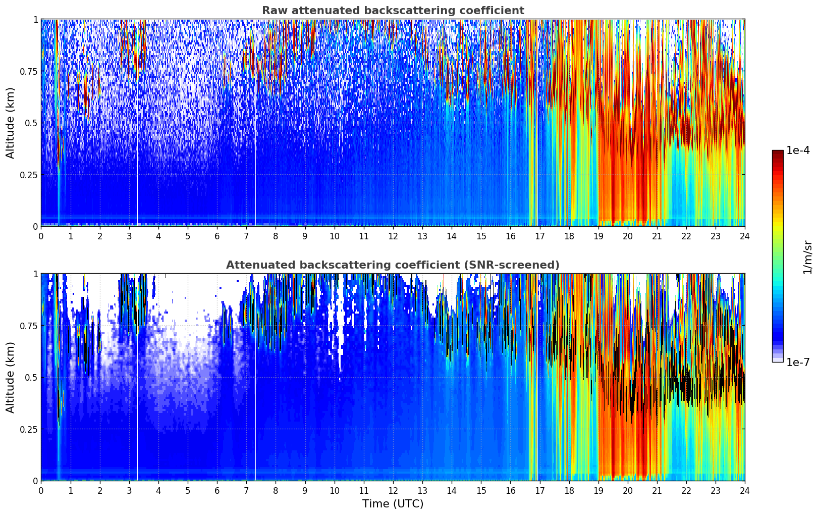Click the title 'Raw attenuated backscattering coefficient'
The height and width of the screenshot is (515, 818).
click(x=393, y=11)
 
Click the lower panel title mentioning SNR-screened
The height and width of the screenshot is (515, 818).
click(x=393, y=265)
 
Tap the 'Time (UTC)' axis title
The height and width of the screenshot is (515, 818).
click(x=393, y=504)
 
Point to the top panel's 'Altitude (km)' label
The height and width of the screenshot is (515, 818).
click(x=11, y=123)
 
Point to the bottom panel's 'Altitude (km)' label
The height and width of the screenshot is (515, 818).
click(x=11, y=377)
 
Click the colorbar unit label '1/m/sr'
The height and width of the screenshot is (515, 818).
click(x=807, y=256)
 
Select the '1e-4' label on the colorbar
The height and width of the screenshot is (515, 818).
click(x=797, y=150)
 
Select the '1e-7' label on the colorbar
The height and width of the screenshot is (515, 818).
click(x=797, y=362)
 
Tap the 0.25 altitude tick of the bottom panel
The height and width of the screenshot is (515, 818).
click(x=29, y=429)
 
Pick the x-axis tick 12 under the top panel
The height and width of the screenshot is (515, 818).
click(x=393, y=236)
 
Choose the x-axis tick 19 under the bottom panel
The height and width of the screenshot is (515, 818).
click(x=598, y=490)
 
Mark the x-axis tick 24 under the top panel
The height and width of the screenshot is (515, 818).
click(x=744, y=236)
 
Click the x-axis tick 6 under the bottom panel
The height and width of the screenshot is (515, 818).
click(x=217, y=490)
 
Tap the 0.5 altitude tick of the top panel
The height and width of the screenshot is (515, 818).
click(x=31, y=123)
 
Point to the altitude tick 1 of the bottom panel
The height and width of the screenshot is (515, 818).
click(x=35, y=274)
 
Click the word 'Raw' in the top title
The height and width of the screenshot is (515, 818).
click(x=272, y=11)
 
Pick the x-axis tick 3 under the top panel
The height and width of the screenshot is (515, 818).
click(x=129, y=236)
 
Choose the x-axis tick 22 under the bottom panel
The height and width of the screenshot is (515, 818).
click(x=686, y=490)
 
